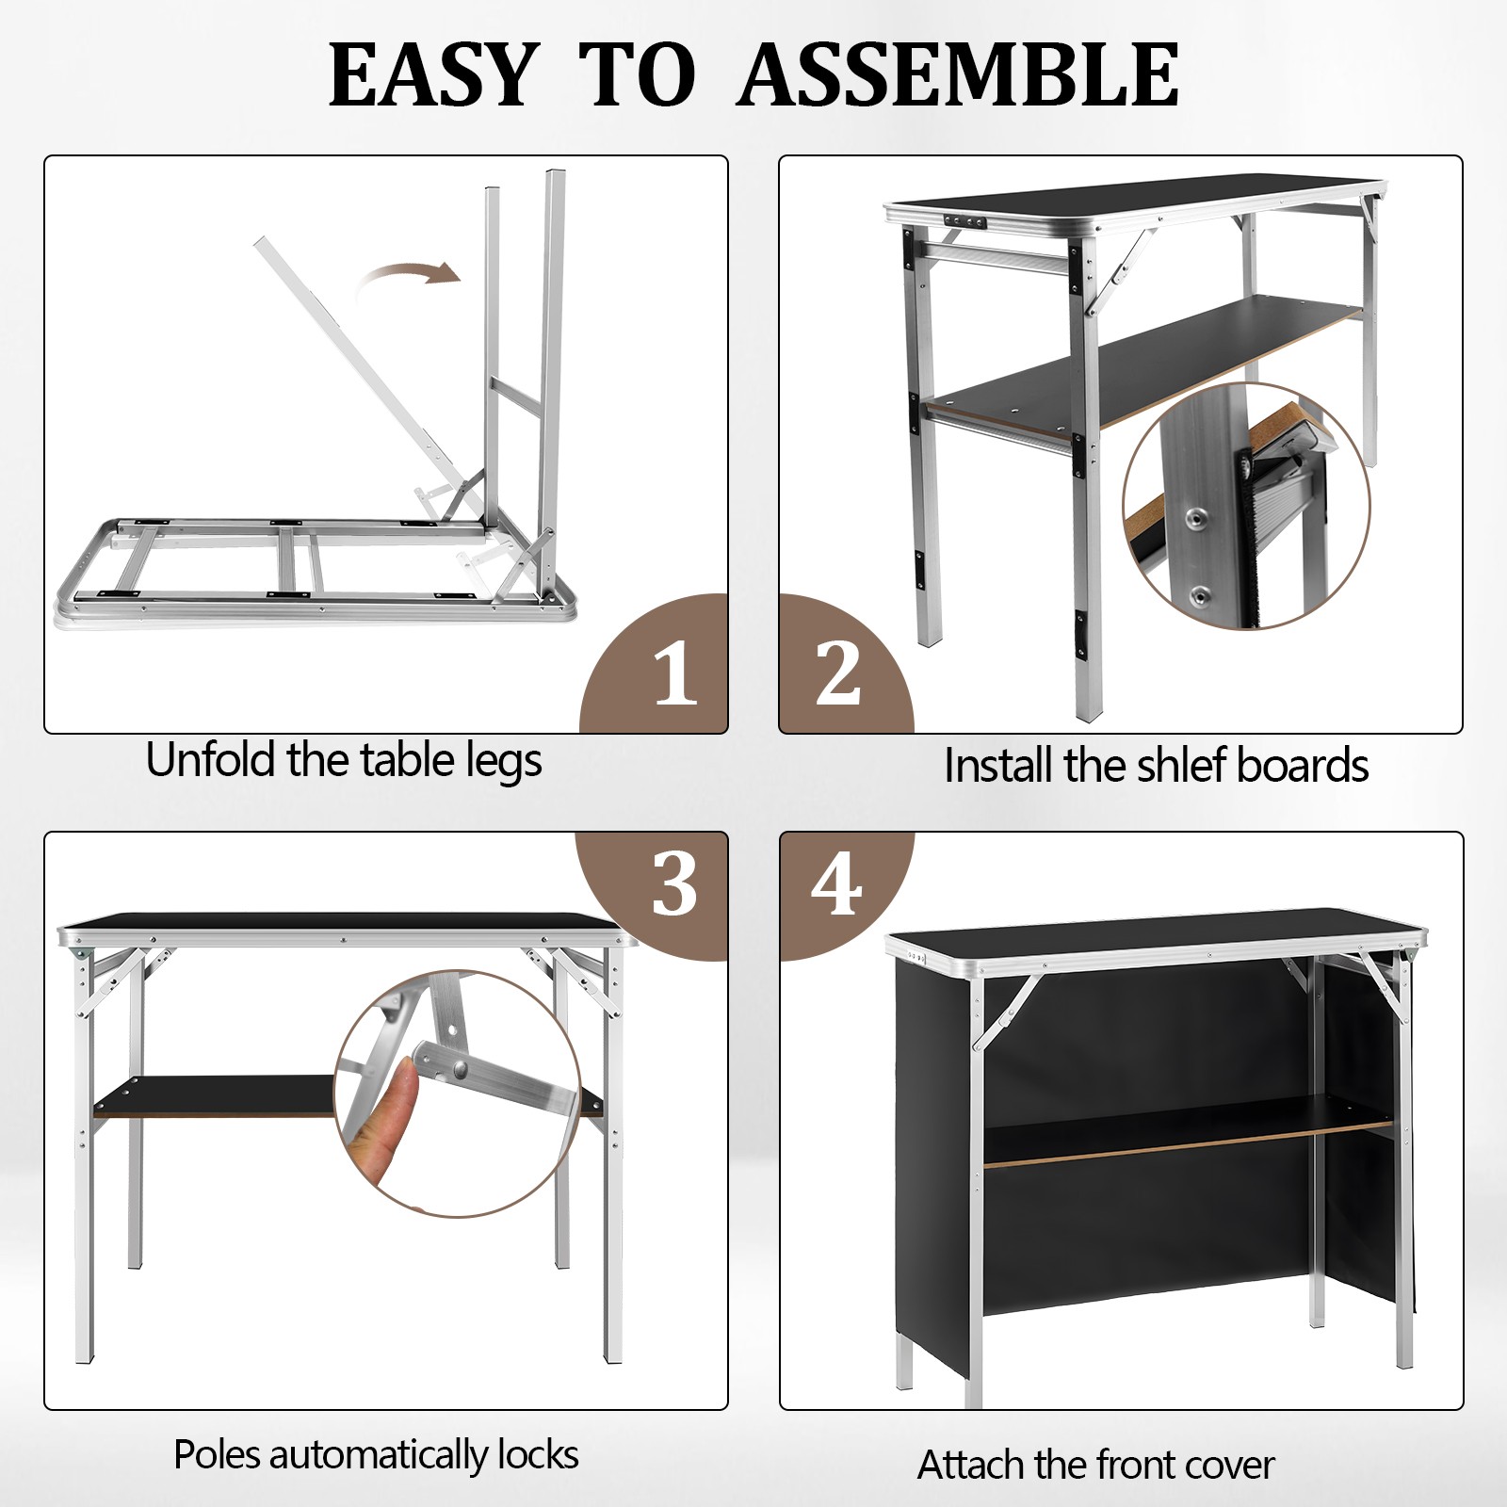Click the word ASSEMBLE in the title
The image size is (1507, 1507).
pyautogui.click(x=958, y=75)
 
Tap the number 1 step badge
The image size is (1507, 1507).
pyautogui.click(x=674, y=674)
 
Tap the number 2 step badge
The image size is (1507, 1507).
pyautogui.click(x=837, y=672)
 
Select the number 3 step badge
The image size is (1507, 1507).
pyautogui.click(x=674, y=885)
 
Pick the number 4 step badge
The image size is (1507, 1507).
pyautogui.click(x=836, y=885)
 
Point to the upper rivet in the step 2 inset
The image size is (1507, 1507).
pyautogui.click(x=1197, y=515)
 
